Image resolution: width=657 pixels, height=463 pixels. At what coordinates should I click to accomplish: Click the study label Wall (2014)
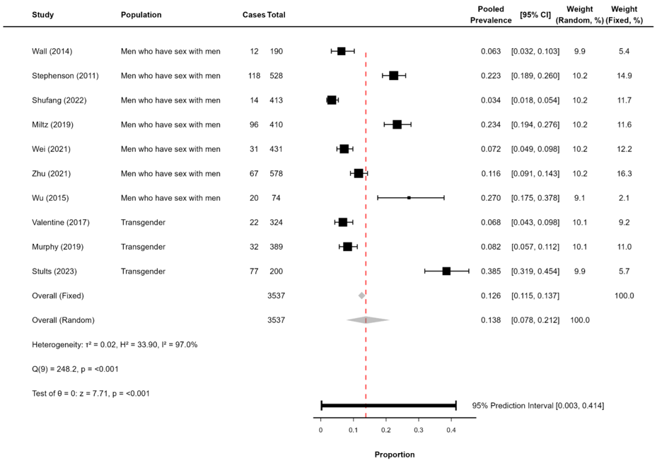(x=52, y=51)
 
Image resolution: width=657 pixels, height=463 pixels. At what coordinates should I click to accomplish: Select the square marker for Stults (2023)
(x=446, y=271)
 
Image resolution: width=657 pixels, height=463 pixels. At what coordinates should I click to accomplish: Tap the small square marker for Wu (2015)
(x=409, y=197)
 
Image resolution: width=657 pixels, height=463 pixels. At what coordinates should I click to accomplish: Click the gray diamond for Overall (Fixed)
(x=361, y=295)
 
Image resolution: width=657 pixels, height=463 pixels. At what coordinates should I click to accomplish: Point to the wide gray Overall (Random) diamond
(x=367, y=320)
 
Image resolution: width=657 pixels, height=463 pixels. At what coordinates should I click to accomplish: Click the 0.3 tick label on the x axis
(x=419, y=430)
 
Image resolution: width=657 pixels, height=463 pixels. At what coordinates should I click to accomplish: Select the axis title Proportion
(x=395, y=455)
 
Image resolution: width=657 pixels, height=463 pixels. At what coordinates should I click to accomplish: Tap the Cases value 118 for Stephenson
(x=251, y=76)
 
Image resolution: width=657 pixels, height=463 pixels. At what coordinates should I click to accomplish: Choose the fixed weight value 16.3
(x=624, y=173)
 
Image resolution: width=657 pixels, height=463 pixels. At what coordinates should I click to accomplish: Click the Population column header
(x=141, y=15)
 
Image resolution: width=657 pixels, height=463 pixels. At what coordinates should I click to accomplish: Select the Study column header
(x=42, y=15)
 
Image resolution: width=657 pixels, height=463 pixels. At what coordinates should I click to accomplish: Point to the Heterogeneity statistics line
(x=115, y=344)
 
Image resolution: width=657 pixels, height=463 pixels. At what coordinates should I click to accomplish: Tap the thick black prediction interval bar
(x=388, y=405)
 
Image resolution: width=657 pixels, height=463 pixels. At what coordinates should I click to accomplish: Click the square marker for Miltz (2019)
(x=397, y=124)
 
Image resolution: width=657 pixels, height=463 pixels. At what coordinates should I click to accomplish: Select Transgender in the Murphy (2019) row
(x=143, y=247)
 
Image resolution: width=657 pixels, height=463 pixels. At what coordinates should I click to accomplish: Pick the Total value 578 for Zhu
(x=276, y=173)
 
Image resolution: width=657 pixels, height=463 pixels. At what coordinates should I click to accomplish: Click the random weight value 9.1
(x=579, y=198)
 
